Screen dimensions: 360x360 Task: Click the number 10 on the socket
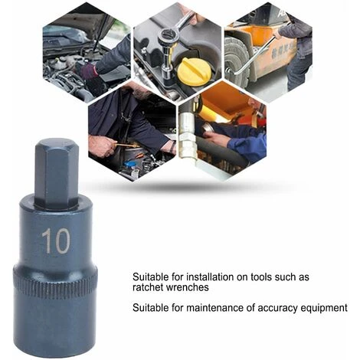click(x=56, y=241)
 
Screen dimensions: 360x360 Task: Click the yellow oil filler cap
click(x=195, y=72)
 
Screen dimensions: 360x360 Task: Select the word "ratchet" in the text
click(x=147, y=287)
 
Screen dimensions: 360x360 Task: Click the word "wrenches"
click(x=187, y=287)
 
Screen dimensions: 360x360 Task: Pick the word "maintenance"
click(x=214, y=308)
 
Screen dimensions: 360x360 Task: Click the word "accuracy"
click(x=277, y=308)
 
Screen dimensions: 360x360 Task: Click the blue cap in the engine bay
click(x=130, y=163)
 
